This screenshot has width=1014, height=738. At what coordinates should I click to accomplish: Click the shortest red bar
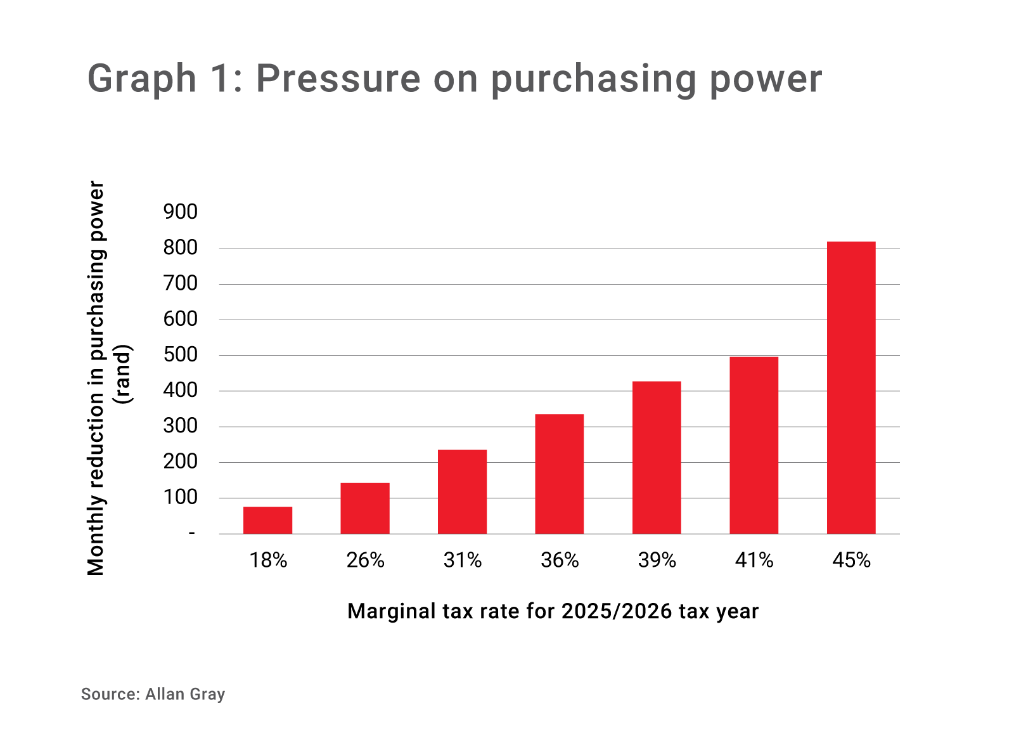267,520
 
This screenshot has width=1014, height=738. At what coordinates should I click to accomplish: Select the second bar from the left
365,508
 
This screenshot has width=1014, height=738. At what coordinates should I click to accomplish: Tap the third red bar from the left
463,491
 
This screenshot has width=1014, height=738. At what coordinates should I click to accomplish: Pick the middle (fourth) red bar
560,474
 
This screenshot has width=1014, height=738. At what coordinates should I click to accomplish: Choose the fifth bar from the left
657,457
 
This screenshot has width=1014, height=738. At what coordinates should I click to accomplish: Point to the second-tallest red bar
754,444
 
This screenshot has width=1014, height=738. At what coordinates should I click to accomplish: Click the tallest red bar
851,387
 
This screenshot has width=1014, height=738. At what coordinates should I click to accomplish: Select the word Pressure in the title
338,79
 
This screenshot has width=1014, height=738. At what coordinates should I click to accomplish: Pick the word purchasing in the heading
593,80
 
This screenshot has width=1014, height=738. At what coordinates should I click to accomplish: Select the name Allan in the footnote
164,694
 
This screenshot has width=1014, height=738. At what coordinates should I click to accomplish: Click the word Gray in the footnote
207,695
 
